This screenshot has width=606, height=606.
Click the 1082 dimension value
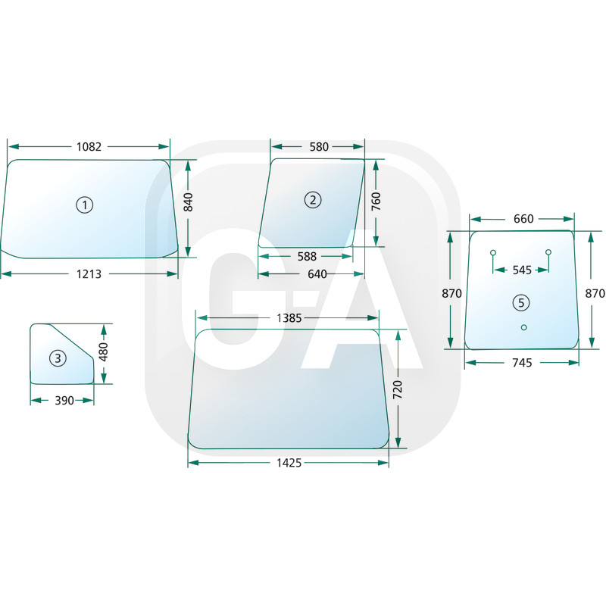tap(89, 147)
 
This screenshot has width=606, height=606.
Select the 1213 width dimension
tap(89, 274)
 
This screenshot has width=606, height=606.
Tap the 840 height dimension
tap(188, 202)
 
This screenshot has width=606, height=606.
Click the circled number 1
tap(85, 205)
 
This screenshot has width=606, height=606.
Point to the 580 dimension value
tap(319, 147)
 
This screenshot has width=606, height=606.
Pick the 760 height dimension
tap(376, 201)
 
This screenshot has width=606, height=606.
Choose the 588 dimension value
tap(307, 256)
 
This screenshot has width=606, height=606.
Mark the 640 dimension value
tap(317, 274)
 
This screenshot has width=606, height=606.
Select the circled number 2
tap(313, 200)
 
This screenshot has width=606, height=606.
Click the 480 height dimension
tap(104, 351)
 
